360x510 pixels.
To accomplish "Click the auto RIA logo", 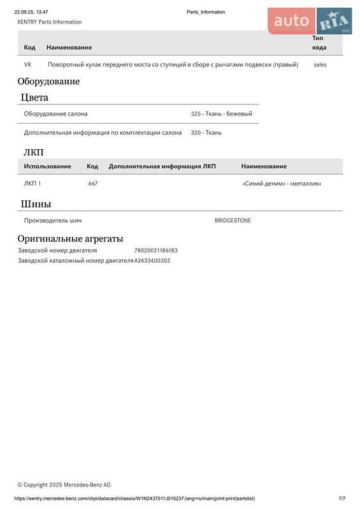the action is [x=310, y=21].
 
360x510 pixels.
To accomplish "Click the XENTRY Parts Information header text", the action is [x=49, y=22].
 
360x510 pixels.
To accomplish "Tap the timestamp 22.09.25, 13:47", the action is [x=31, y=12].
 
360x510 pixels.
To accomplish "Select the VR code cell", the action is [x=27, y=64].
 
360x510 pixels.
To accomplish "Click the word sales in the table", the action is [x=320, y=64].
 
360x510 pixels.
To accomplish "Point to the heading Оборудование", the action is [x=48, y=82].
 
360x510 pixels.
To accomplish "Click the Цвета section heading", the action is [x=34, y=98].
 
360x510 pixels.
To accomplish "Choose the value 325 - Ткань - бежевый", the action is [x=221, y=113].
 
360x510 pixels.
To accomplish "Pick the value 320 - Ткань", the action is [x=206, y=133].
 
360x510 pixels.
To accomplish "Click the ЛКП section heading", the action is [x=33, y=152].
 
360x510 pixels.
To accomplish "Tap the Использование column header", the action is [x=47, y=166].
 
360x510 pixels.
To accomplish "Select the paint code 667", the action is [x=93, y=184].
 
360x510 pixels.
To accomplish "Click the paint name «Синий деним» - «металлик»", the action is [x=282, y=184].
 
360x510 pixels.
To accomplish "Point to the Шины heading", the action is [x=36, y=204].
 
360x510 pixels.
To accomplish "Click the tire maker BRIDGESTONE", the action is [x=233, y=221].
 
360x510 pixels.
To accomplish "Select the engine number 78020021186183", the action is [x=155, y=251].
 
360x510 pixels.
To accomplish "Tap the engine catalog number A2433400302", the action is [x=152, y=261].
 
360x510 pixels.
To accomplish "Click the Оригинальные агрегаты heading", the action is [x=70, y=238].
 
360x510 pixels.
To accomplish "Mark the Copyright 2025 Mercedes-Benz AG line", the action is [x=64, y=484].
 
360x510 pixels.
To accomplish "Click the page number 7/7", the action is [x=342, y=498].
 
